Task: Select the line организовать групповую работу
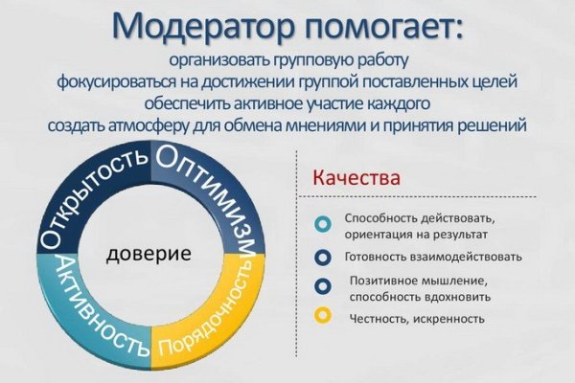287,61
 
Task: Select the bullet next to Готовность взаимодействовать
324,257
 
